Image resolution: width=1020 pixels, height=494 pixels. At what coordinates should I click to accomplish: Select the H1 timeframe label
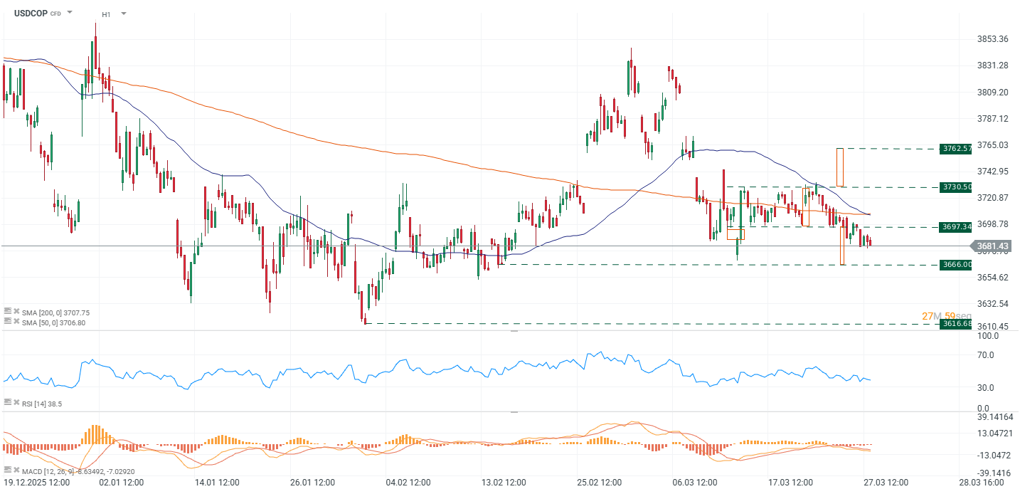tap(106, 14)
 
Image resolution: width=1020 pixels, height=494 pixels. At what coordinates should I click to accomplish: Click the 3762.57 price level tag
tap(955, 149)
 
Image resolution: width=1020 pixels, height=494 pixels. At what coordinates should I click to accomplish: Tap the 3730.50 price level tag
tap(955, 186)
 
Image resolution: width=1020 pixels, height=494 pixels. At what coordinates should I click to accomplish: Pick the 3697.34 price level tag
tap(955, 227)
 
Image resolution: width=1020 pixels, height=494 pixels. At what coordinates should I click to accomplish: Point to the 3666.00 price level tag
tap(955, 265)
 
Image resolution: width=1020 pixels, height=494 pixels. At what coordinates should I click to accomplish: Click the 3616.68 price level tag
tap(955, 324)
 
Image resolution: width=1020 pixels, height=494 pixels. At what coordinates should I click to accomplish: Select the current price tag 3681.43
tap(993, 246)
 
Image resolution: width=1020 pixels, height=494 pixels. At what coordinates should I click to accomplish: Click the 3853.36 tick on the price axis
tap(992, 38)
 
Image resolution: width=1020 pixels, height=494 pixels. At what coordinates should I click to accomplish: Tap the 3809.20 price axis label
tap(992, 93)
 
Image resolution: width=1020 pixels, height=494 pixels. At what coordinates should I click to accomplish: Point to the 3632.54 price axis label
tap(992, 304)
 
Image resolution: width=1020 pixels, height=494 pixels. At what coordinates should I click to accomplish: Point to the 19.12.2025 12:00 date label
tap(37, 483)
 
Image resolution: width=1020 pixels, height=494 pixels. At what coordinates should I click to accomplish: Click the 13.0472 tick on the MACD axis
tap(994, 433)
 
